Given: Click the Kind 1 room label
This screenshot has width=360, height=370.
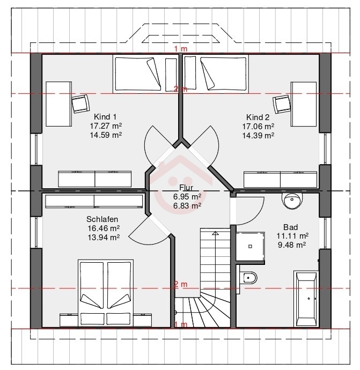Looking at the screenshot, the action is click(105, 117).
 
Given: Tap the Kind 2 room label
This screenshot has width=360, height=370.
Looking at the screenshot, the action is click(258, 117).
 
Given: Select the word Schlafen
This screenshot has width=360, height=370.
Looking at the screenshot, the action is click(102, 219).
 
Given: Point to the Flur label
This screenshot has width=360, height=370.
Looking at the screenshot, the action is click(186, 188).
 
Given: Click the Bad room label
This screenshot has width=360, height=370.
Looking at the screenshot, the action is click(291, 227).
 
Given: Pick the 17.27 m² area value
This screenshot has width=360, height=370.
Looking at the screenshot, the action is click(106, 126).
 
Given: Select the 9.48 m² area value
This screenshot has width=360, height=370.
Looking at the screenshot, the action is click(292, 245).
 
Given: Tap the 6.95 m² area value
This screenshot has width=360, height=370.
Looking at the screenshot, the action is click(187, 197).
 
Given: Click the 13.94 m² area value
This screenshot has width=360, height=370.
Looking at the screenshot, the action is click(104, 238).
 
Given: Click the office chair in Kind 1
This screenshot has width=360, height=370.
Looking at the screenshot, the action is click(80, 103).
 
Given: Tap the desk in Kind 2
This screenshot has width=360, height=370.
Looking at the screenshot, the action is click(304, 104).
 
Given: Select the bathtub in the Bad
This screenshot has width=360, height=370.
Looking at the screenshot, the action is click(306, 299).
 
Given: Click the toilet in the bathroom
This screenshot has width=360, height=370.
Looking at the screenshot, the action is click(248, 278).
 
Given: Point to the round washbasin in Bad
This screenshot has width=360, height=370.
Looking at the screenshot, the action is click(292, 201).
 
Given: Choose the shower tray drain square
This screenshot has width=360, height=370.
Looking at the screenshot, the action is click(250, 246).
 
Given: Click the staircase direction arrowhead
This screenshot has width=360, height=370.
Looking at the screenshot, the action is click(215, 233).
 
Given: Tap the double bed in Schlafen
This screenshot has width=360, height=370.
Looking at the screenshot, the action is click(106, 293).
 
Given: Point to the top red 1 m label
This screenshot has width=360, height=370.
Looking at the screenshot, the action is click(181, 49).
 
